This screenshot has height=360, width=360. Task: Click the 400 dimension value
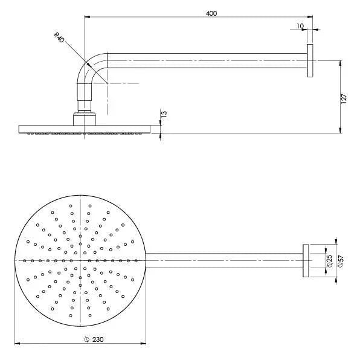[211, 13]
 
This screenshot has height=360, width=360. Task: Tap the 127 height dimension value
[344, 100]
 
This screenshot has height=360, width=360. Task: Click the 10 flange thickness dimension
[300, 26]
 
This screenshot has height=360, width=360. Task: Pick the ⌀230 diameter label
[94, 340]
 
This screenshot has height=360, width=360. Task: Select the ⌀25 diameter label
[329, 260]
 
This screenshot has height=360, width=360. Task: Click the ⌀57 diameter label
[342, 260]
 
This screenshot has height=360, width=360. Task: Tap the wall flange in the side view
[310, 60]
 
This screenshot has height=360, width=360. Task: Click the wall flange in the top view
[306, 260]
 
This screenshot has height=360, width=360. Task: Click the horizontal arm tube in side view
[205, 60]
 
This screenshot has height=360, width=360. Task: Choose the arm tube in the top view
[223, 260]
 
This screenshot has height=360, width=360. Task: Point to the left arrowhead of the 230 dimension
[17, 344]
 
